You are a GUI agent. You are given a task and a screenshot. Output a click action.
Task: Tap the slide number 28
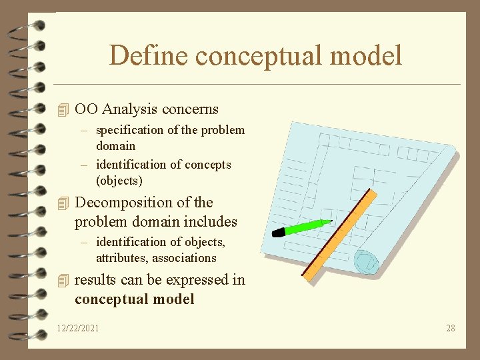point(451,328)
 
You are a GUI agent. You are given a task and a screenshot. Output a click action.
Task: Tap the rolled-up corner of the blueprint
point(366,261)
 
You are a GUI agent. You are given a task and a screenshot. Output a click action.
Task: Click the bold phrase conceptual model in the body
point(135,299)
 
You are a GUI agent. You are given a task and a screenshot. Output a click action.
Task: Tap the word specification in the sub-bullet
point(129,130)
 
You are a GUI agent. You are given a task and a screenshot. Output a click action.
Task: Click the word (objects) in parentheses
point(119,181)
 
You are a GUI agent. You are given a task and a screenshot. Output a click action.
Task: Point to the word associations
point(183,258)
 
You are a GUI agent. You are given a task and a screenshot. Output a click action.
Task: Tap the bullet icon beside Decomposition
point(63,203)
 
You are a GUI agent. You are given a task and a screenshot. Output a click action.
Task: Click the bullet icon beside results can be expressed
point(63,280)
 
